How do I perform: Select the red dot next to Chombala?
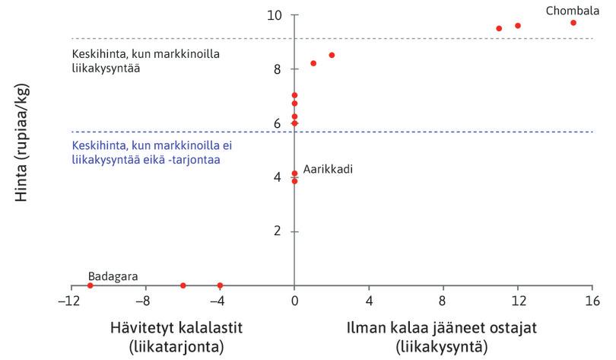tap(573, 23)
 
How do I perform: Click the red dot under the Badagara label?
tap(90, 285)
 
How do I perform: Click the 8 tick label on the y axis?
tap(278, 69)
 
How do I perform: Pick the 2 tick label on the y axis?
tap(278, 231)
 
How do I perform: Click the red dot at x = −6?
tap(183, 285)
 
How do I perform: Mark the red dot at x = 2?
tap(332, 55)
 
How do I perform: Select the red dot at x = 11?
tap(499, 28)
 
